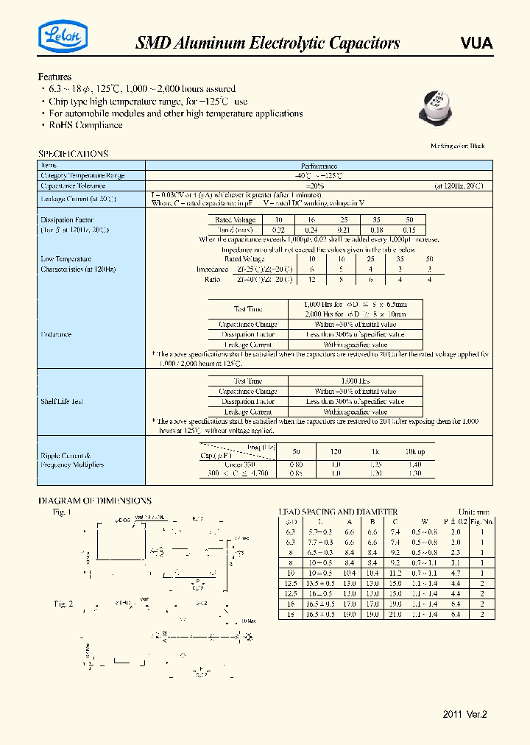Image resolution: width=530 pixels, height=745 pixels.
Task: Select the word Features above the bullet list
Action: coord(54,77)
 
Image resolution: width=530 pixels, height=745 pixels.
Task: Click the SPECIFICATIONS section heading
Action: coord(73,154)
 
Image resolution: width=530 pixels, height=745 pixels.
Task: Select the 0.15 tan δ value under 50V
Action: coord(410,230)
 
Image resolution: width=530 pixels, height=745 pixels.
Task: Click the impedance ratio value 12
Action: coord(311,279)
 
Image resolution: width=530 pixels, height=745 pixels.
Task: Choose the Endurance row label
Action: coord(56,334)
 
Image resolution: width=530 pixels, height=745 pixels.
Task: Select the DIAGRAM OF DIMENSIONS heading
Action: coord(94,501)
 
